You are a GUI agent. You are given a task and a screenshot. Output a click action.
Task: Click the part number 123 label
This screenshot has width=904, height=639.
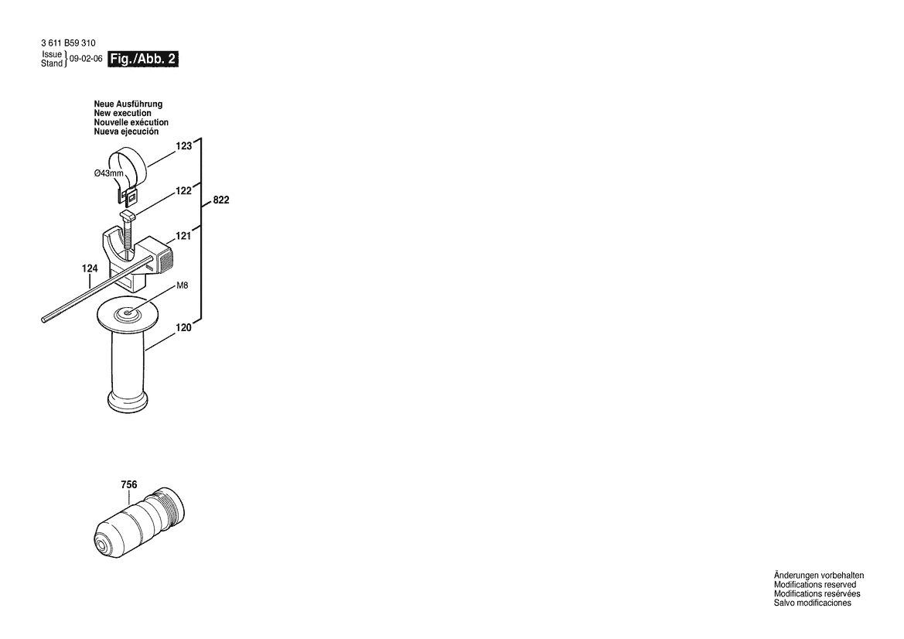coord(183,145)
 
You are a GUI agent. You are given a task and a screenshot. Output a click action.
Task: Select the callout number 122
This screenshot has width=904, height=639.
coord(183,191)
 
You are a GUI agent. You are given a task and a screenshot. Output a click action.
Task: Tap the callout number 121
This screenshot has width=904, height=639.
coord(183,237)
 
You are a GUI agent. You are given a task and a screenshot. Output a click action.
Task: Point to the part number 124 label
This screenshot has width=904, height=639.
coord(90,268)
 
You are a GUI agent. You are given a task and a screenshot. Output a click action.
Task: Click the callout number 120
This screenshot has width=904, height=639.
coord(183,328)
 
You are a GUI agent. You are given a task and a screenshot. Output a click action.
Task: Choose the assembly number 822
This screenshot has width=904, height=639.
coord(220,200)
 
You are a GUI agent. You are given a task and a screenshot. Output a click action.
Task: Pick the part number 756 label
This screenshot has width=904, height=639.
coord(129,485)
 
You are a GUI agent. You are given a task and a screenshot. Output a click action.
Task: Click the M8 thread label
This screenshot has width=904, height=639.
coord(183,285)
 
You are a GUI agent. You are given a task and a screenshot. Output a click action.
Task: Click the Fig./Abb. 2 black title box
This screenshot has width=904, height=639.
coord(144,59)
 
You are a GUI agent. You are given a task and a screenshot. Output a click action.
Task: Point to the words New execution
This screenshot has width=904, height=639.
coord(122,113)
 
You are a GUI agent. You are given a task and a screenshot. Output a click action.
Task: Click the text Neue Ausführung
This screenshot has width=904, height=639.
coord(128,104)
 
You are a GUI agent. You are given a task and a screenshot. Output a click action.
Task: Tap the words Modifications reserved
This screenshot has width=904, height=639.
coord(814,585)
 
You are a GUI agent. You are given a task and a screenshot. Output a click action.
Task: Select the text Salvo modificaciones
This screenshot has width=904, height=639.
coord(812,603)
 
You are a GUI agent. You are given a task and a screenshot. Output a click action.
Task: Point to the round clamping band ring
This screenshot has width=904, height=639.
coord(128,162)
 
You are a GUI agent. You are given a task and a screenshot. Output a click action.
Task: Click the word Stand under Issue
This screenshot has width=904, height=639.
coord(52,63)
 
